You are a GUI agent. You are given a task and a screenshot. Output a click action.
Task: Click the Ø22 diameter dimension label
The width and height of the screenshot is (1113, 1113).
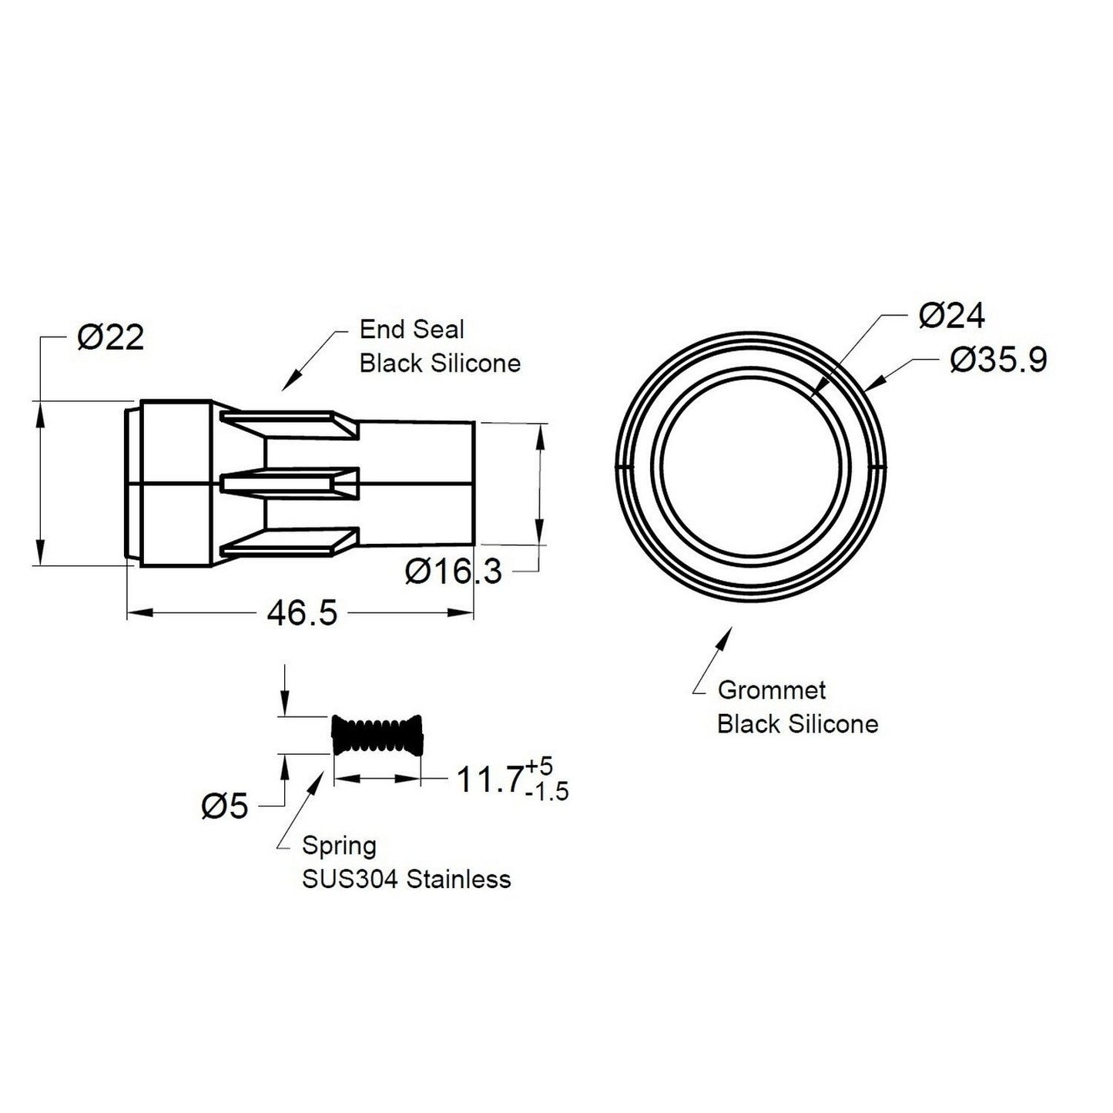110,337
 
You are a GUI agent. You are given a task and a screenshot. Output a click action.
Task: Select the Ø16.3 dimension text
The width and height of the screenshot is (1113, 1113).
454,572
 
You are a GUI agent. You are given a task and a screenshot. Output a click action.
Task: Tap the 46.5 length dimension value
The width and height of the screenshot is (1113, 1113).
302,613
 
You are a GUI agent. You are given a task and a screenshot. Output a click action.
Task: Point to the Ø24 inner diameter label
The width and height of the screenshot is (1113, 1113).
951,316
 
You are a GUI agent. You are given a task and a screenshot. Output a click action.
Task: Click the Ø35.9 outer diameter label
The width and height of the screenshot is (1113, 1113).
998,361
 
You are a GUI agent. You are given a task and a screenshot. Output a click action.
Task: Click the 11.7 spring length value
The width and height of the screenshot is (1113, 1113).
490,780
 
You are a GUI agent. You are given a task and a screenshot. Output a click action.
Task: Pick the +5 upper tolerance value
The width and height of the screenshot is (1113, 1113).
539,767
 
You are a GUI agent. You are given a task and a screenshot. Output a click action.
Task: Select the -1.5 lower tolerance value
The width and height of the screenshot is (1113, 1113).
547,792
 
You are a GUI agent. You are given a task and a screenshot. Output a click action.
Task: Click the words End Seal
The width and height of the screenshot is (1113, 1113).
412,330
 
